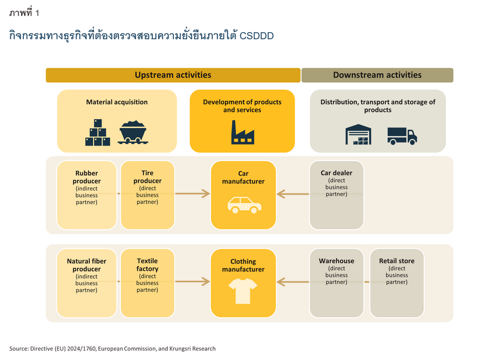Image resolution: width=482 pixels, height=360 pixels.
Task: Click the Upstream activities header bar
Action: point(173,75)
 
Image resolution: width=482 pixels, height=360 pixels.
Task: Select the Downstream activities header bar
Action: point(377,75)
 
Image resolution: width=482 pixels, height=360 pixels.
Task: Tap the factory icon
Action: point(243,132)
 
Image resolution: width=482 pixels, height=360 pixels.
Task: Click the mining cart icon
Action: point(133,132)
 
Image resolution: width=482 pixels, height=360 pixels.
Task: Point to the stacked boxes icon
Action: point(98,132)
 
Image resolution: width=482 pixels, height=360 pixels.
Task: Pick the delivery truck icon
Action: point(402,136)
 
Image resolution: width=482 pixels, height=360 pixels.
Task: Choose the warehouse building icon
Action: point(358,135)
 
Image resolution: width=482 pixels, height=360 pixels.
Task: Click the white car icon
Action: point(244,205)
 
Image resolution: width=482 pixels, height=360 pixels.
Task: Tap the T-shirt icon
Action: point(243,291)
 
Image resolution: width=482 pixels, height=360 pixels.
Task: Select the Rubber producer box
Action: point(86,195)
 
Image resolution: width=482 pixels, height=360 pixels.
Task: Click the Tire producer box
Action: point(147,195)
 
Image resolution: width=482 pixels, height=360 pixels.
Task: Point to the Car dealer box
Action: point(337,195)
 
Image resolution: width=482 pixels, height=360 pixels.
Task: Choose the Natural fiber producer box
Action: point(86,283)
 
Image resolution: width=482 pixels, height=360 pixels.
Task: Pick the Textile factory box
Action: point(147,283)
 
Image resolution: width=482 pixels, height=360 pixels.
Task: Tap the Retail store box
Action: point(397,283)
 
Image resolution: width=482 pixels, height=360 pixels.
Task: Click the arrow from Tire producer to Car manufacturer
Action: point(193,194)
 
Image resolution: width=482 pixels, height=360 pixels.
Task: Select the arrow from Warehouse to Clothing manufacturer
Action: point(293,282)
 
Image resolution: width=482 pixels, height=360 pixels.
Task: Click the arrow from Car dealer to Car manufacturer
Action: point(293,194)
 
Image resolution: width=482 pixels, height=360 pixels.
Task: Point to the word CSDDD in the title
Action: point(257,36)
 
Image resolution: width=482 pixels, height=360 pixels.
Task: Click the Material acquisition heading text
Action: point(117,102)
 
